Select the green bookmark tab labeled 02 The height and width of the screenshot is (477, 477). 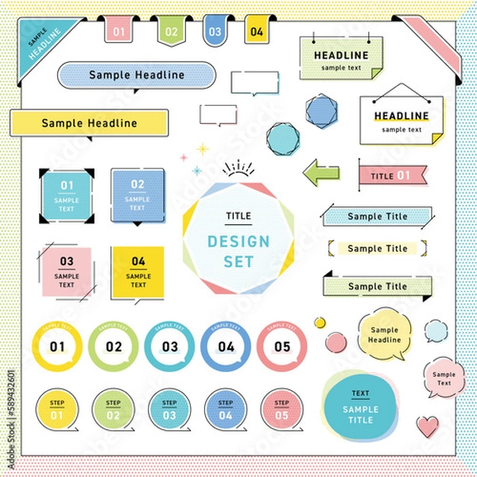point(169,31)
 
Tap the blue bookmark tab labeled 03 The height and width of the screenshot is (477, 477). point(214,31)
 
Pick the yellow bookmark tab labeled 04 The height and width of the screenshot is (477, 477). point(256,31)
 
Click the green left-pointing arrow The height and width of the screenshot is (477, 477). point(321,173)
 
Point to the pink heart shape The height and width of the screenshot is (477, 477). point(428,426)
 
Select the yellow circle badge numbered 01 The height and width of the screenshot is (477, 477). point(57,347)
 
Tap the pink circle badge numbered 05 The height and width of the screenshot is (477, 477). point(282,347)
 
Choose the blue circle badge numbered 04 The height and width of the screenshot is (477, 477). point(227,347)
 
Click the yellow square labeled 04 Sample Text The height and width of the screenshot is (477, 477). point(138,272)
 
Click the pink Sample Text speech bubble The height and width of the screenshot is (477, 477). point(444,378)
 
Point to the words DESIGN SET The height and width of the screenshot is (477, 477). point(238,251)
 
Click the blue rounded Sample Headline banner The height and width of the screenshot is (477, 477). point(137,76)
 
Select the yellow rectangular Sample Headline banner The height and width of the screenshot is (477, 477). point(89,123)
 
